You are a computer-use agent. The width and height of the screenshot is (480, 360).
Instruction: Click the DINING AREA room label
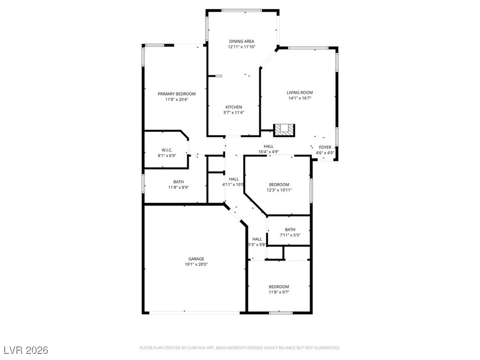pyautogui.click(x=241, y=41)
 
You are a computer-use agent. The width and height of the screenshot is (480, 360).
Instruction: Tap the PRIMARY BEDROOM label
pyautogui.click(x=177, y=94)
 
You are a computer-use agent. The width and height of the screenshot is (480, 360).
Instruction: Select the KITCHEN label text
pyautogui.click(x=233, y=107)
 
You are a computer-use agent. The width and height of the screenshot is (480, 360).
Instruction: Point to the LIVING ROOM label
pyautogui.click(x=300, y=92)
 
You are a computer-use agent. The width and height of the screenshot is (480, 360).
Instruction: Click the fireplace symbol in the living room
pyautogui.click(x=284, y=129)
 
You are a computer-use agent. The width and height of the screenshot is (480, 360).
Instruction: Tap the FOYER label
pyautogui.click(x=325, y=147)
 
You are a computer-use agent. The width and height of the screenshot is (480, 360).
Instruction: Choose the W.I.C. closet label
pyautogui.click(x=167, y=150)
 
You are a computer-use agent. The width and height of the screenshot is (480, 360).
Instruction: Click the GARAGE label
pyautogui.click(x=196, y=259)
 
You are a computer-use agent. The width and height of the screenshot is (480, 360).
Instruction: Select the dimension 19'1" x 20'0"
pyautogui.click(x=196, y=264)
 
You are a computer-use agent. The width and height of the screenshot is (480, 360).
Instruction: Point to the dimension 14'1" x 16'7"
pyautogui.click(x=300, y=98)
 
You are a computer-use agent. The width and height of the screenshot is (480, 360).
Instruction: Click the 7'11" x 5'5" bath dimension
pyautogui.click(x=290, y=235)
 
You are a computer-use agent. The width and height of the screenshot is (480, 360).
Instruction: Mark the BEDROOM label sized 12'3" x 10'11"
pyautogui.click(x=279, y=184)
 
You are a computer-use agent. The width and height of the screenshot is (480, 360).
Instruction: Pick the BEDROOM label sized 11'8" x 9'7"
pyautogui.click(x=278, y=286)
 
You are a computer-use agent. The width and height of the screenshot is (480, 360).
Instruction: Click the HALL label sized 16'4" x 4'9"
pyautogui.click(x=268, y=146)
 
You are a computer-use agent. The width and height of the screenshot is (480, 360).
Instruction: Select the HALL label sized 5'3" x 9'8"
pyautogui.click(x=257, y=239)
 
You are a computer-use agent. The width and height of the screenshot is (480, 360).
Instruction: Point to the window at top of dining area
pyautogui.click(x=242, y=10)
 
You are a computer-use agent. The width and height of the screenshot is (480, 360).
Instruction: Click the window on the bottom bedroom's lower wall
pyautogui.click(x=281, y=312)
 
